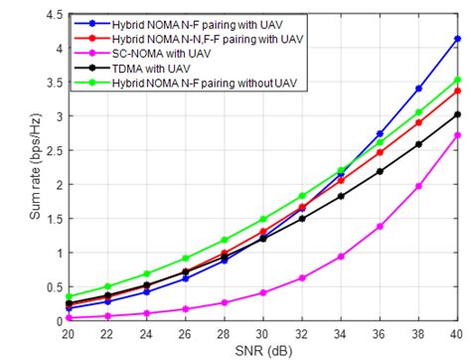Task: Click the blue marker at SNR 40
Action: [456, 39]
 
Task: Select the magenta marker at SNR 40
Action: [456, 135]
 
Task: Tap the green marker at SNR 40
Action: [456, 80]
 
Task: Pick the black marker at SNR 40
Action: [456, 114]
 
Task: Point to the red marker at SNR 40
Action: [456, 90]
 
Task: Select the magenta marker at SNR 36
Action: [379, 227]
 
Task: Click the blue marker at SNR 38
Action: [417, 89]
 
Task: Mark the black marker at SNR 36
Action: [379, 172]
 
